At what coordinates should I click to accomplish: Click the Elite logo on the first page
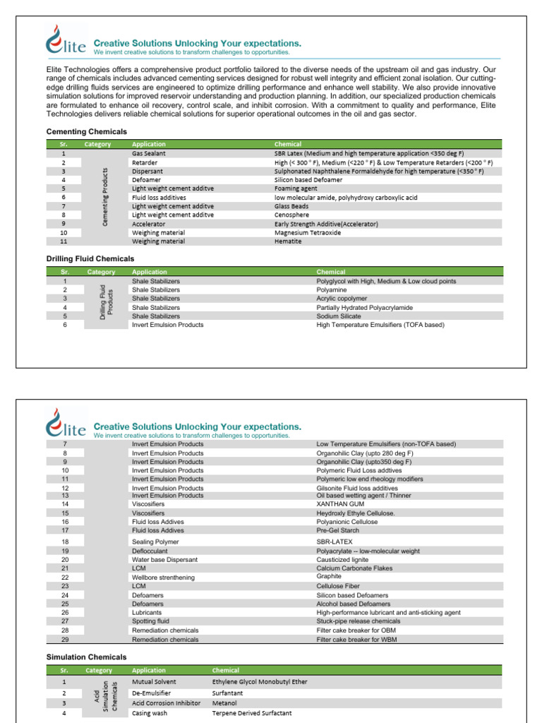point(66,40)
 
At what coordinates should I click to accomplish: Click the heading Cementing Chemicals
point(87,131)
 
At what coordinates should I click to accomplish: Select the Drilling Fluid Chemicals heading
point(90,259)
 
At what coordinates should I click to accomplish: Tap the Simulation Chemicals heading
point(86,657)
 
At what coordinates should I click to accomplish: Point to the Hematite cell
point(288,241)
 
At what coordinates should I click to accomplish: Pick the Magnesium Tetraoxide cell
point(308,232)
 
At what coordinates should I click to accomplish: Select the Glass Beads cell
point(291,206)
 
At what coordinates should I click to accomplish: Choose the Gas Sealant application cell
point(150,153)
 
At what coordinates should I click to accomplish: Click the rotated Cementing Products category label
point(105,197)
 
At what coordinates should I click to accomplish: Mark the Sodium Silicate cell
point(339,316)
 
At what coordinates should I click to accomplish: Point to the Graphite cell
point(329,577)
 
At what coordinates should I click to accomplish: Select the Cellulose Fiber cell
point(338,586)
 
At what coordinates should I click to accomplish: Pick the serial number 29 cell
point(64,640)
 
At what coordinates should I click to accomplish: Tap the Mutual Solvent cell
point(154,682)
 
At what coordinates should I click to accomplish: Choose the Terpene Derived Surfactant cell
point(252,713)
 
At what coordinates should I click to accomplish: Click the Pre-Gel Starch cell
point(337,530)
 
